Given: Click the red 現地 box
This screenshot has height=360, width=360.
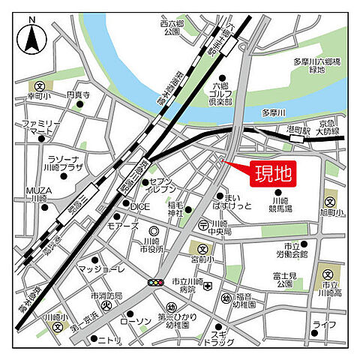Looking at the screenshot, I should pyautogui.click(x=271, y=174).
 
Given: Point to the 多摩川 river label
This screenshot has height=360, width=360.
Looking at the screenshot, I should pyautogui.click(x=274, y=113).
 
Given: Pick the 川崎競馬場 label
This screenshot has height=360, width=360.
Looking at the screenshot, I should pyautogui.click(x=280, y=206).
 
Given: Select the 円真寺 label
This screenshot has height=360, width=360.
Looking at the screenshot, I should pyautogui.click(x=77, y=95).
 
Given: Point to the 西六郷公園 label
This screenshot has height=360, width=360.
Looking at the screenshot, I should pyautogui.click(x=172, y=28).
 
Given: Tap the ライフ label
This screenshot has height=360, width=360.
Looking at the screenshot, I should pyautogui.click(x=324, y=324).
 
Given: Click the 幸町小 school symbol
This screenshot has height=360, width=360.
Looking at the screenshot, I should pyautogui.click(x=38, y=87).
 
